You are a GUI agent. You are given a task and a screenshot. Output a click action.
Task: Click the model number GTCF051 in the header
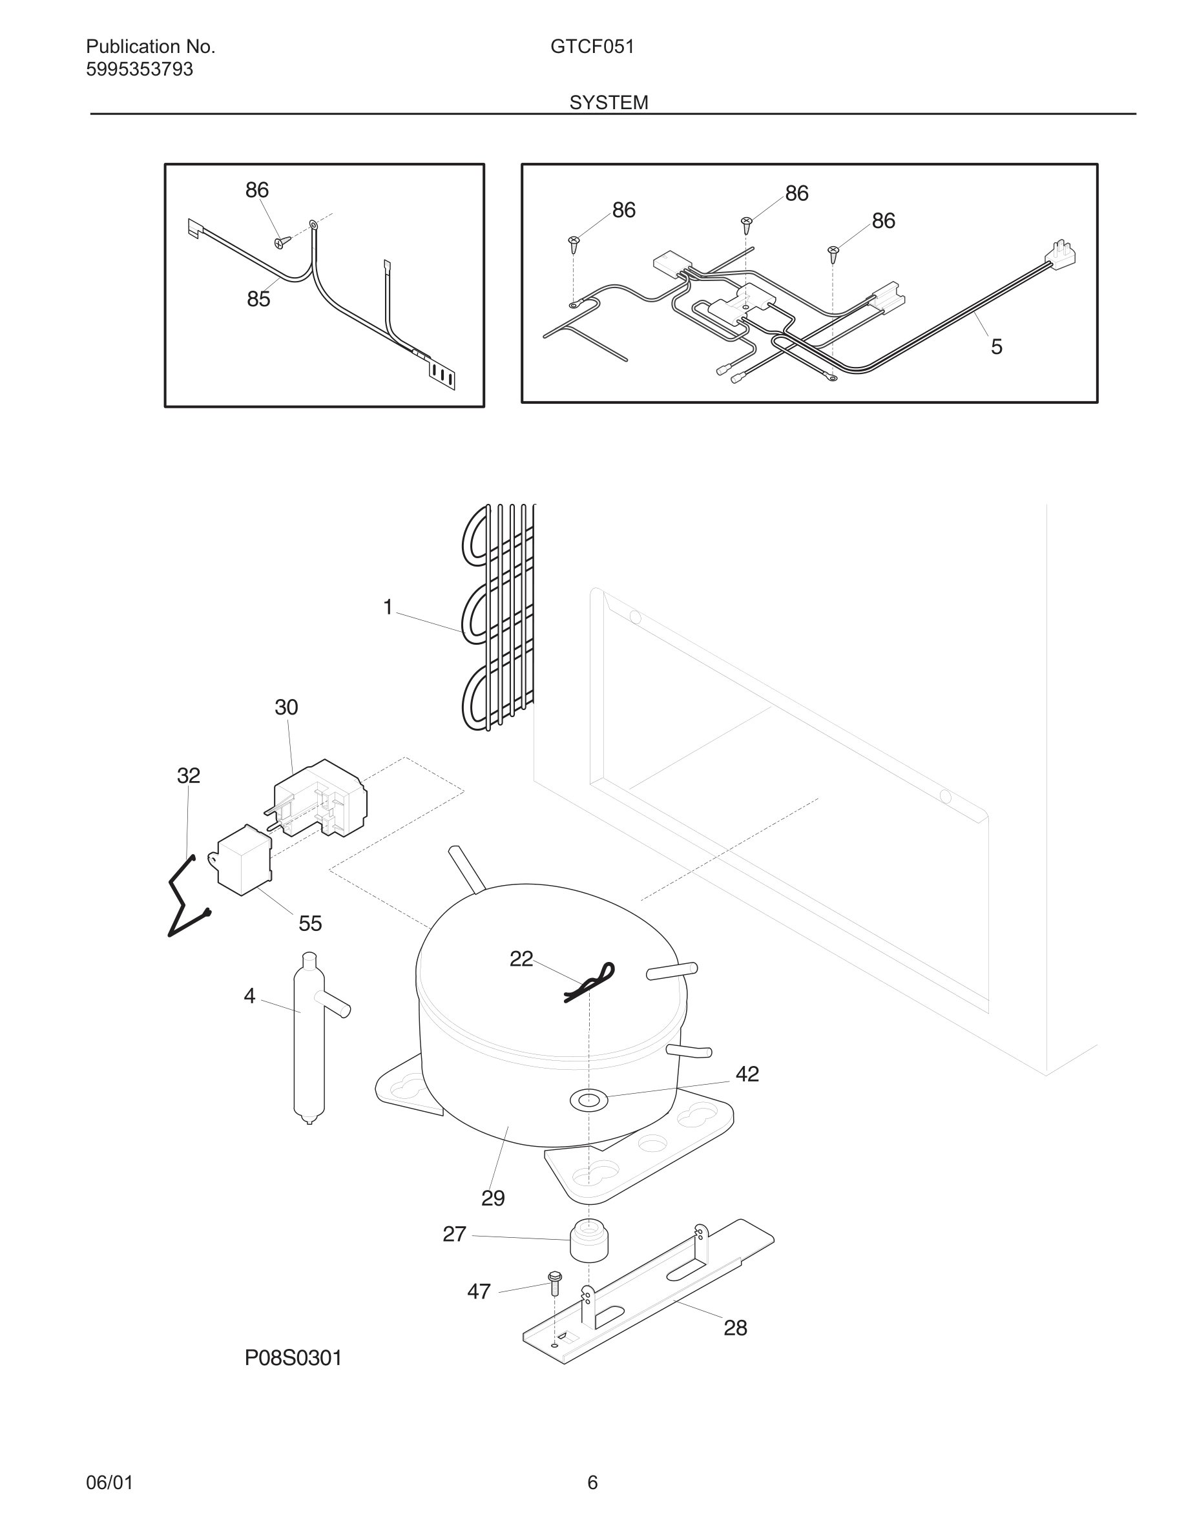click(x=592, y=47)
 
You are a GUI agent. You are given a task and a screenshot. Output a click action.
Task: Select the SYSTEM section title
click(x=609, y=103)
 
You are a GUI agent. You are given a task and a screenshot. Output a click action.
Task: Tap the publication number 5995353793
click(x=139, y=70)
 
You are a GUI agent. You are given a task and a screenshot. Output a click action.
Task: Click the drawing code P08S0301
click(x=293, y=1359)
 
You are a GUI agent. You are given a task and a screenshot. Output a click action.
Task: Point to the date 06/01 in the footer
click(x=109, y=1482)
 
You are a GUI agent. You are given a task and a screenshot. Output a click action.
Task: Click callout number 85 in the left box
click(x=258, y=299)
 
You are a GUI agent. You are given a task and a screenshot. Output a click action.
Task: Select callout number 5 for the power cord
click(x=996, y=346)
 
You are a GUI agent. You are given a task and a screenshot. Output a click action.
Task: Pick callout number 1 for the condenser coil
click(x=387, y=607)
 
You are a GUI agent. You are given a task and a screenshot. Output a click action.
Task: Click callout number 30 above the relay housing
click(x=286, y=707)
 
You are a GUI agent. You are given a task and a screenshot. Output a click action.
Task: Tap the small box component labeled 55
click(x=243, y=860)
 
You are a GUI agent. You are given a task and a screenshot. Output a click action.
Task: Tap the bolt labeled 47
click(x=554, y=1284)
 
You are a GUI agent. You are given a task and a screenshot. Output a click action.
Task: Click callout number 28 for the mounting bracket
click(x=735, y=1328)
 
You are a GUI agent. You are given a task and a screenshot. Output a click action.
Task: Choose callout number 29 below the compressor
click(x=492, y=1198)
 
